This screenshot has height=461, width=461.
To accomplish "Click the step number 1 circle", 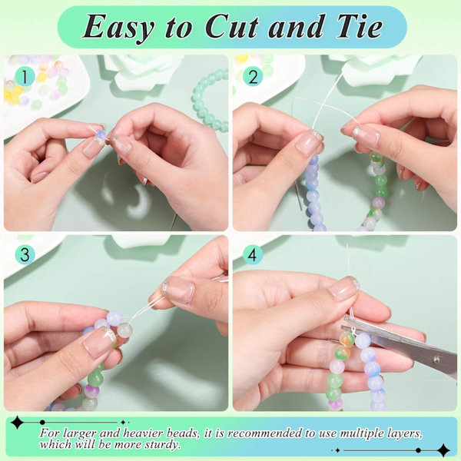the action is (x=25, y=76).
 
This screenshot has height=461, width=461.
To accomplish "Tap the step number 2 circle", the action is (x=253, y=76).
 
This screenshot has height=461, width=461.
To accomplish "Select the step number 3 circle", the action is (x=25, y=254).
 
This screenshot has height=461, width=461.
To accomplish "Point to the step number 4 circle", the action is (x=253, y=254).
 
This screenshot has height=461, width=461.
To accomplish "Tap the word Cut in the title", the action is (x=232, y=26).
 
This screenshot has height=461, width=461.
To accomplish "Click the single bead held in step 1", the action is (x=100, y=135).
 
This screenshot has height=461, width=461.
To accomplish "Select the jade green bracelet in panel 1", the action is (x=210, y=100).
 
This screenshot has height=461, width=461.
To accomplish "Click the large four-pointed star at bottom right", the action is (x=443, y=450).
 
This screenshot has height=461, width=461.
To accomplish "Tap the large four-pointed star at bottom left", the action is (x=17, y=423).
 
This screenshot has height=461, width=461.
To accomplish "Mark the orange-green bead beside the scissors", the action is (x=347, y=339).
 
